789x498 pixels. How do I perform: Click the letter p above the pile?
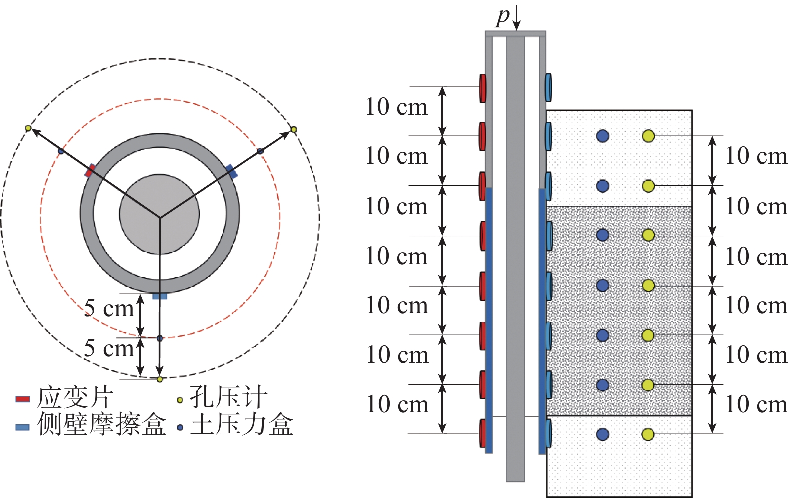pos(503,17)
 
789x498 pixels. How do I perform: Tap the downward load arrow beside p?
pos(516,17)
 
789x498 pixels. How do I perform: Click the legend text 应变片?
pos(75,398)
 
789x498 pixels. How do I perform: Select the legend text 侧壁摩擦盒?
pos(101,424)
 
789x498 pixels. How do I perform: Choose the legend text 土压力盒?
pos(241,424)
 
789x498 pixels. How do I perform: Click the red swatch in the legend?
pos(22,399)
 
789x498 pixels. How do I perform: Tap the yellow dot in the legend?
pos(180,400)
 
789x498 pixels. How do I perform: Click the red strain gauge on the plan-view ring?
pos(90,171)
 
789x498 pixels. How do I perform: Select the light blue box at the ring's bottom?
pos(160,296)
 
